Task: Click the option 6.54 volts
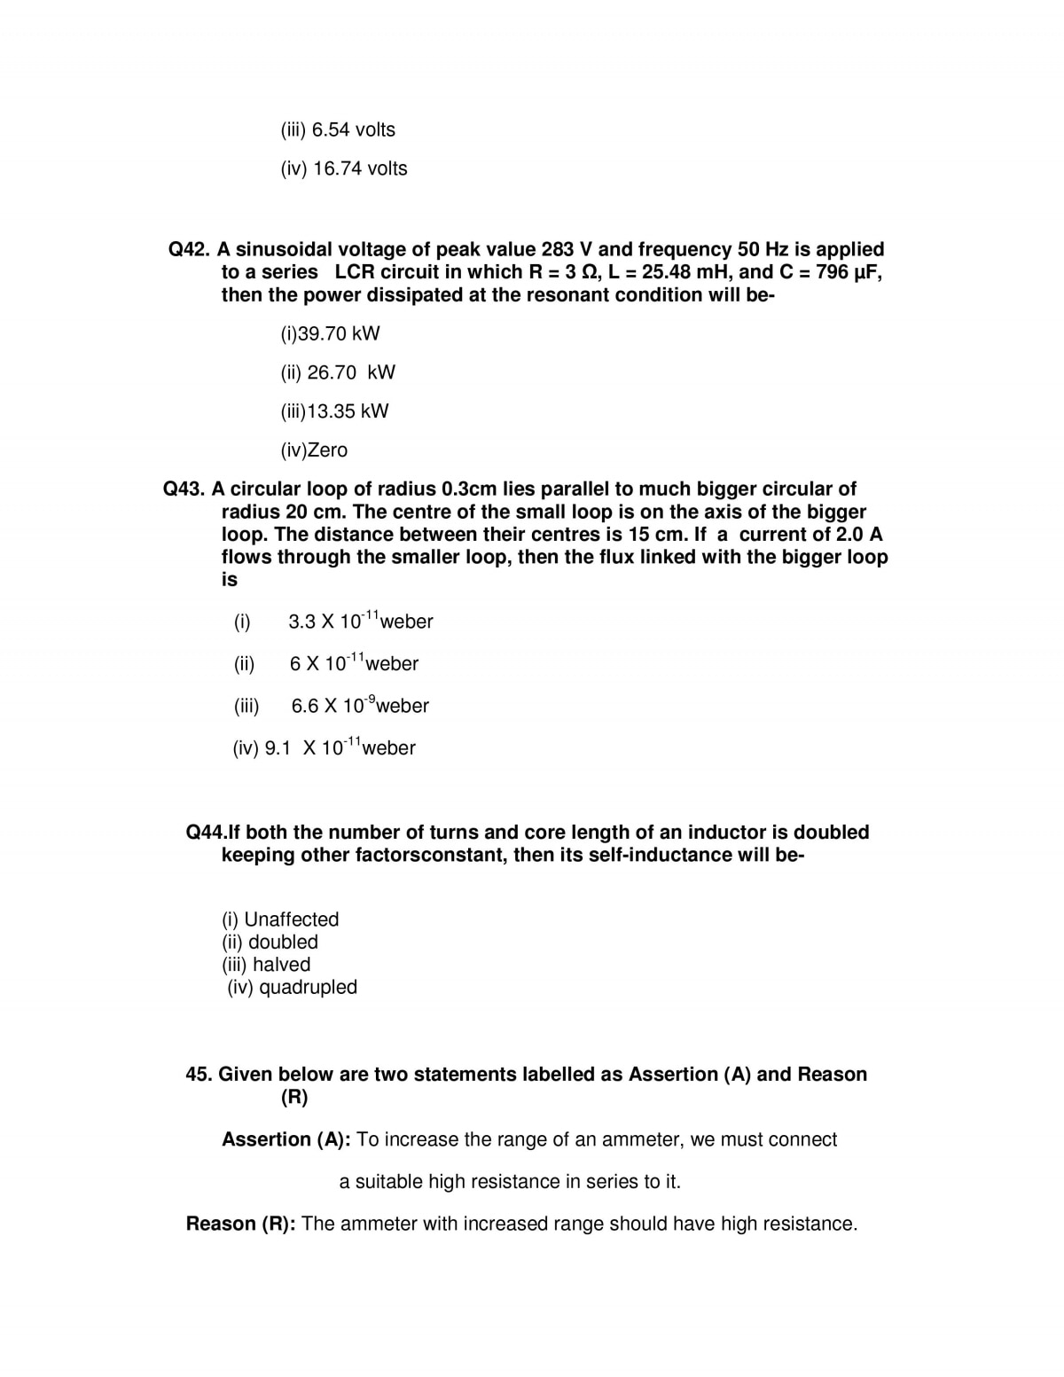(x=338, y=129)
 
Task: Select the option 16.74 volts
(x=344, y=168)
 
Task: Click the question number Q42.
(x=189, y=249)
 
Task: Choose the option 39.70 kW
(x=330, y=333)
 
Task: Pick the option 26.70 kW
(x=338, y=372)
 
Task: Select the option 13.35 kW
(x=334, y=411)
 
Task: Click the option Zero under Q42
(x=314, y=450)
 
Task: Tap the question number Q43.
(x=184, y=489)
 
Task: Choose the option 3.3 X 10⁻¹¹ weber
(x=360, y=621)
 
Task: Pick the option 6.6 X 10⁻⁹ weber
(x=359, y=706)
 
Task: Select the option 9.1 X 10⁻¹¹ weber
(x=324, y=747)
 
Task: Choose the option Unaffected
(x=280, y=919)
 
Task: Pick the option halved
(x=266, y=965)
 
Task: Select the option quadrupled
(x=292, y=987)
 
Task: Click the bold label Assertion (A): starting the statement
(x=286, y=1139)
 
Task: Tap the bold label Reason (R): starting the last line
(x=240, y=1224)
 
